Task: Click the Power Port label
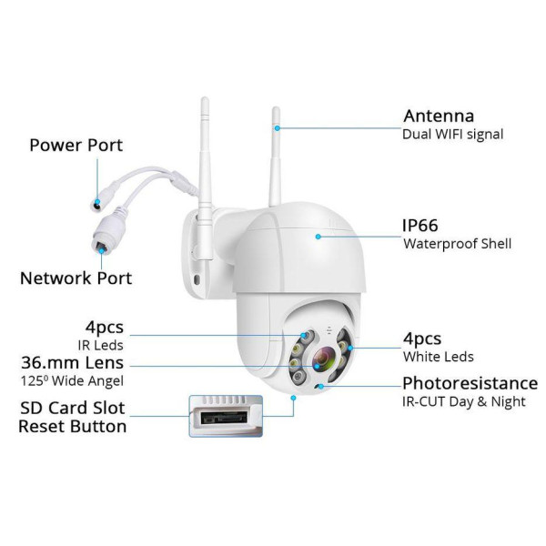76,146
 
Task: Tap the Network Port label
76,278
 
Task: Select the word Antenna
439,116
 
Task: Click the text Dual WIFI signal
452,135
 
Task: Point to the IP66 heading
420,226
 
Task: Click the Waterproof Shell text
457,244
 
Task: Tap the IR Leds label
101,346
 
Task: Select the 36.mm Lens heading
73,362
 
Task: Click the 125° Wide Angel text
72,381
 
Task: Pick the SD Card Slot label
73,408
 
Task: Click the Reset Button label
73,427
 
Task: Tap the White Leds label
439,357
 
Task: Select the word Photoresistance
470,383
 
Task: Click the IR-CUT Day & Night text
464,401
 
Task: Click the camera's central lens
323,359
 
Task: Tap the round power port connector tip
96,204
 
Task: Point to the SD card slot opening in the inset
224,416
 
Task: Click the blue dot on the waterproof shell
318,237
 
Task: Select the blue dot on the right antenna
278,128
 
